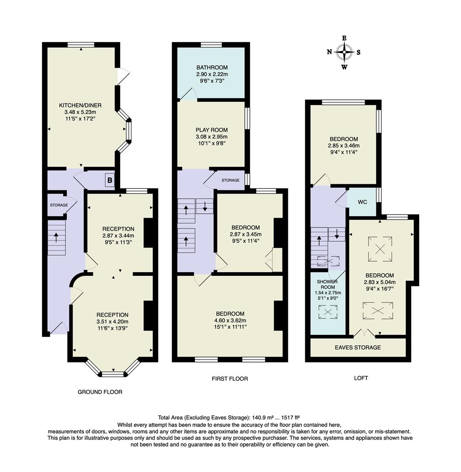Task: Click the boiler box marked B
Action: click(x=110, y=180)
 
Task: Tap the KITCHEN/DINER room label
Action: click(x=80, y=105)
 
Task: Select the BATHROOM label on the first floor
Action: click(x=212, y=67)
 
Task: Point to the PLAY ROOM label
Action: click(x=212, y=130)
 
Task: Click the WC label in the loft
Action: click(x=362, y=202)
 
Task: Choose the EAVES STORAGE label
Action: click(x=358, y=347)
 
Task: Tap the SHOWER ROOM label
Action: click(x=327, y=285)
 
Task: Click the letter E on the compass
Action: click(x=344, y=38)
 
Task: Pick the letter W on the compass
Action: click(x=344, y=67)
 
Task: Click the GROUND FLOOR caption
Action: click(x=100, y=392)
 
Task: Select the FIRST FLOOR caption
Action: click(x=230, y=378)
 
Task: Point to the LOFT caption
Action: click(x=361, y=378)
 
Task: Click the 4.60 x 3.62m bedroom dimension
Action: click(x=230, y=320)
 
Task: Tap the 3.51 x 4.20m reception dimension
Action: click(x=113, y=322)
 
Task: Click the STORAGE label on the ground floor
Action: click(x=59, y=205)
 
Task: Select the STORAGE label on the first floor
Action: click(x=230, y=180)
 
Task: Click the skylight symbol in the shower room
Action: click(x=328, y=312)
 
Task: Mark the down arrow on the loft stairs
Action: click(x=337, y=233)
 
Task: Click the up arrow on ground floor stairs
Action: click(x=56, y=237)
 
